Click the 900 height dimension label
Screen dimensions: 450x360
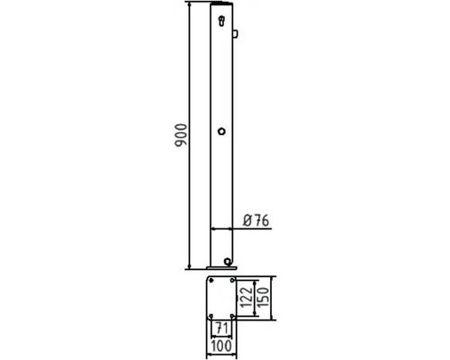181,135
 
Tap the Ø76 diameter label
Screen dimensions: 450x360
256,220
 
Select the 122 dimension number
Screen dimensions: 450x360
247,298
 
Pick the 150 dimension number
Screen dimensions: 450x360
263,297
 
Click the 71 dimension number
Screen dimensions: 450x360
222,328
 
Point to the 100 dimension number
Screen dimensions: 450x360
221,346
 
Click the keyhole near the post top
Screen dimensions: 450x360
221,21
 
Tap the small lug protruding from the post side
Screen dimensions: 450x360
235,33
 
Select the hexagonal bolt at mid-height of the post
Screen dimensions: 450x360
221,131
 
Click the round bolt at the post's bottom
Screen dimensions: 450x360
228,261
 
